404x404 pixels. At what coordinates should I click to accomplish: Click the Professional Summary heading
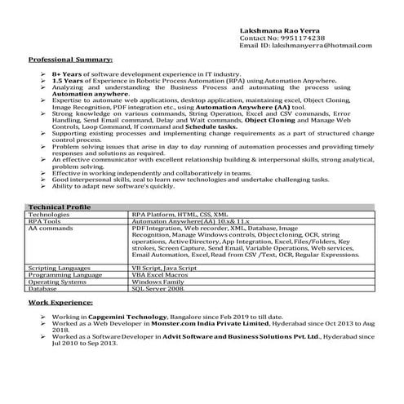71,60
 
